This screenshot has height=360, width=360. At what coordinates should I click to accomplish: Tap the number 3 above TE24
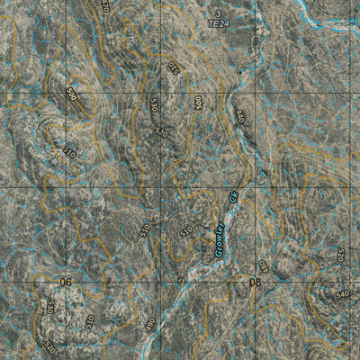[x=216, y=14]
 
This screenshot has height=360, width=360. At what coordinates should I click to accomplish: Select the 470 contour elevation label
[x=105, y=5]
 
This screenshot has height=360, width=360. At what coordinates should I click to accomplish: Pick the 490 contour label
[x=150, y=324]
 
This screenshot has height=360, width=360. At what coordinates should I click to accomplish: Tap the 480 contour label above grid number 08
[x=264, y=265]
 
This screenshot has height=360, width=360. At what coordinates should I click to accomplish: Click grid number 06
[x=65, y=283]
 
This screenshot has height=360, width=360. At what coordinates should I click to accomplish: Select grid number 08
[x=255, y=283]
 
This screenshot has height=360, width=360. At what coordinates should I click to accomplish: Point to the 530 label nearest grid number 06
[x=50, y=307]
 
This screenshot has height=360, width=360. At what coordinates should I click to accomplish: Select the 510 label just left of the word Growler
[x=186, y=231]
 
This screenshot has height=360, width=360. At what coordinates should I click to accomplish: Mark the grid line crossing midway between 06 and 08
[x=160, y=283]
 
